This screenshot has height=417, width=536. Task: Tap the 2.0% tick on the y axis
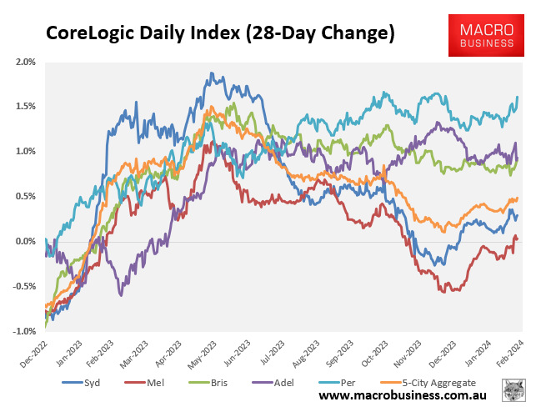(x=25, y=62)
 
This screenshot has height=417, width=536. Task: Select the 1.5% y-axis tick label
(x=25, y=107)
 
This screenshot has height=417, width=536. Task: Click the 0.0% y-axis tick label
(x=25, y=242)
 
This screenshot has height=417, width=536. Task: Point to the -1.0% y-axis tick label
(x=23, y=332)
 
